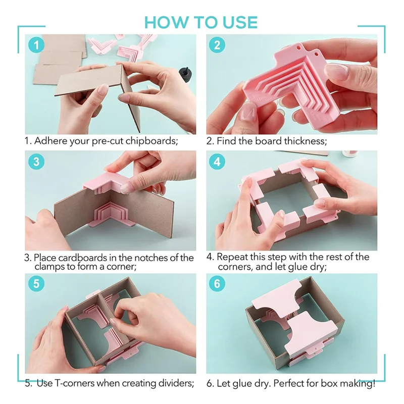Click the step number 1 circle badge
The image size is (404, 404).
click(36, 45)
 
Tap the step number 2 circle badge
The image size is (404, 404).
click(217, 45)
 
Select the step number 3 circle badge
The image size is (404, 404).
click(36, 162)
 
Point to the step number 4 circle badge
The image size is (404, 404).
click(217, 162)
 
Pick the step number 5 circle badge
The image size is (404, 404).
click(36, 283)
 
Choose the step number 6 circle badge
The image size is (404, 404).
click(217, 283)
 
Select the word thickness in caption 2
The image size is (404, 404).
click(306, 141)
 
